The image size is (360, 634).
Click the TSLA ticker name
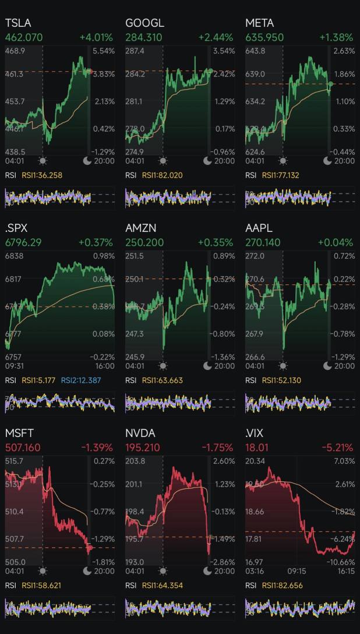pyautogui.click(x=18, y=23)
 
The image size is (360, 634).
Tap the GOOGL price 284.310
pyautogui.click(x=143, y=37)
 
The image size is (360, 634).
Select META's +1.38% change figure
pyautogui.click(x=336, y=37)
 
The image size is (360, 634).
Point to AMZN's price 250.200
pyautogui.click(x=143, y=242)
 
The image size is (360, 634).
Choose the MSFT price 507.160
pyautogui.click(x=23, y=447)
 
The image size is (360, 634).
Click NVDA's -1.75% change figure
pyautogui.click(x=217, y=447)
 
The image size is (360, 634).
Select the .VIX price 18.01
pyautogui.click(x=257, y=447)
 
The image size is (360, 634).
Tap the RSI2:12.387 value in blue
pyautogui.click(x=81, y=380)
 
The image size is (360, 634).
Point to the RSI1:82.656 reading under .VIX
pyautogui.click(x=283, y=585)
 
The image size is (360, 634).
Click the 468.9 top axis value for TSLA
pyautogui.click(x=15, y=51)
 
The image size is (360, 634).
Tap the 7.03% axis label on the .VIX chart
pyautogui.click(x=344, y=462)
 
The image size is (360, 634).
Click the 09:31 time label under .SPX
pyautogui.click(x=14, y=366)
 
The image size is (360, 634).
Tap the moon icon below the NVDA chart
pyautogui.click(x=207, y=570)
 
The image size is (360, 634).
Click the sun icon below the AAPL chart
pyautogui.click(x=283, y=366)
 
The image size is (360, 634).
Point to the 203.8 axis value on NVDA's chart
pyautogui.click(x=135, y=462)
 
